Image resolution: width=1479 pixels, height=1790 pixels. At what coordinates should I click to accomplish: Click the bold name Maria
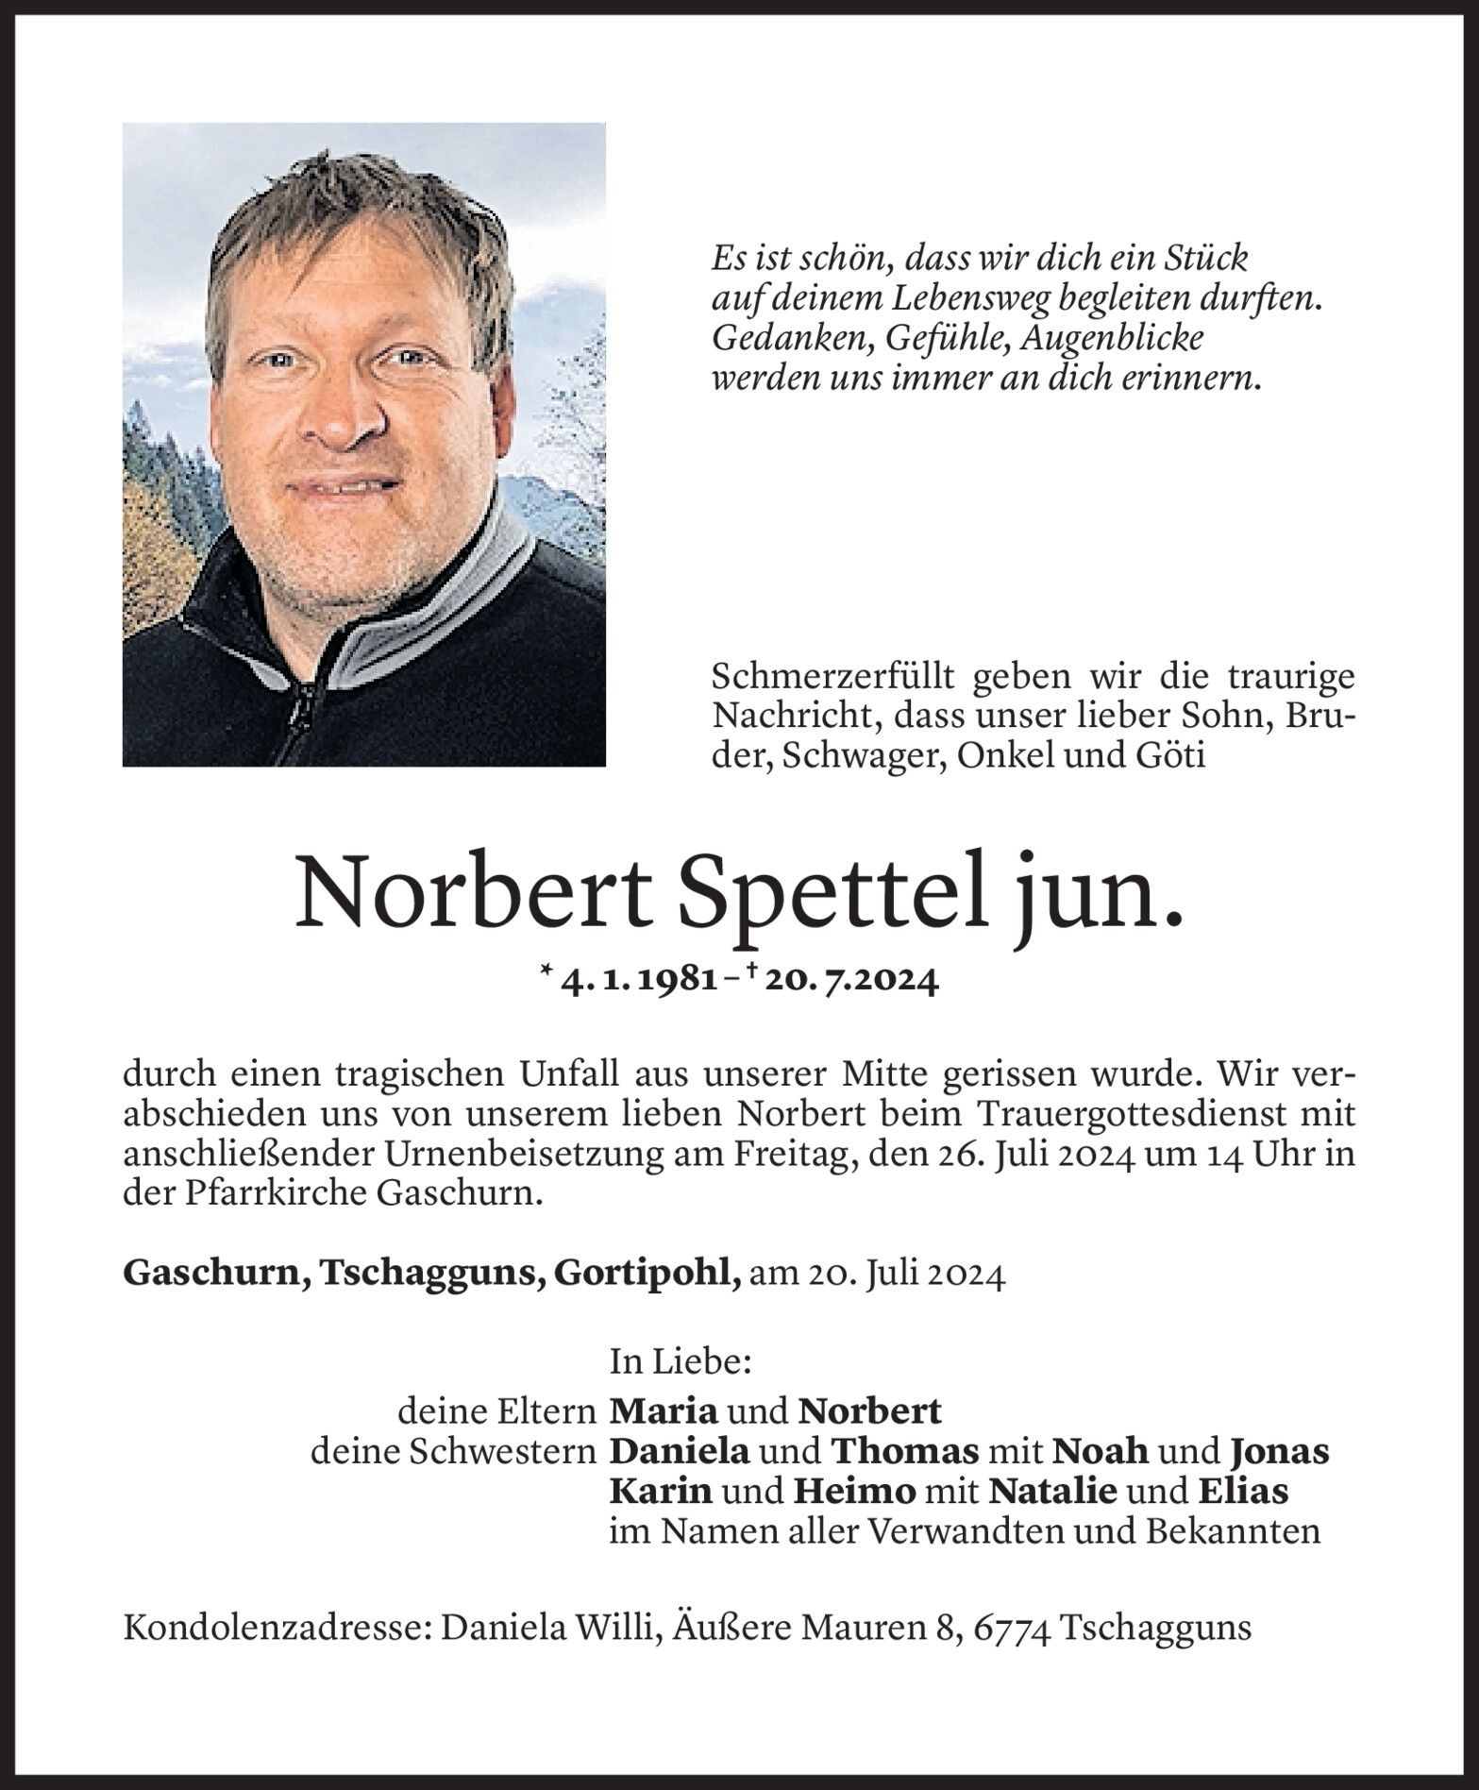664,1410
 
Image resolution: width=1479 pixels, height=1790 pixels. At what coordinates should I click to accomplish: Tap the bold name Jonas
1279,1450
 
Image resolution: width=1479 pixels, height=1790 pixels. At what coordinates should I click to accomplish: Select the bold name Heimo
853,1491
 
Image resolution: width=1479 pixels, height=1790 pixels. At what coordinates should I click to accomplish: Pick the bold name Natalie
1052,1491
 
